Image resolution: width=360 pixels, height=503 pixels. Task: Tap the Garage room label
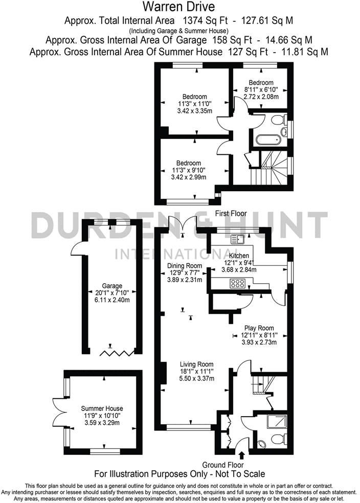point(112,286)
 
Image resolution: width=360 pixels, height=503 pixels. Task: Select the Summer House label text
point(102,408)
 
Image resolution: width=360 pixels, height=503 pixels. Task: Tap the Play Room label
point(258,328)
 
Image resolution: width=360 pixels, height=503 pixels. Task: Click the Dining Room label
point(185,266)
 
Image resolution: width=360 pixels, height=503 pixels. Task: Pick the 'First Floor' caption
point(230,213)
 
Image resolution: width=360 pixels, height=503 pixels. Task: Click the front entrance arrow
point(242,454)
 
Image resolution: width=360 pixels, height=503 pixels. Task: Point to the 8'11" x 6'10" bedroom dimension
point(261,89)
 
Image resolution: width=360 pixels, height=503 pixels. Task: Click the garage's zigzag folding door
point(112,352)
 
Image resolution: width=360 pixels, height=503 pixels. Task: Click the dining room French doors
point(183,223)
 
